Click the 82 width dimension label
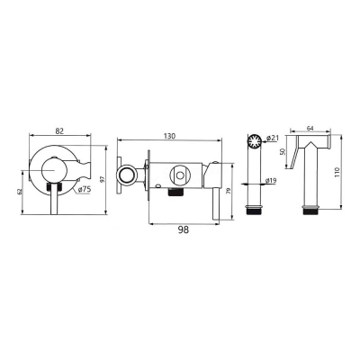click(60, 130)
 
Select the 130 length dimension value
click(169, 136)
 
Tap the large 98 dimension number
click(184, 229)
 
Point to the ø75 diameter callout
click(85, 189)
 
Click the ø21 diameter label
click(273, 138)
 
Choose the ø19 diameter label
click(271, 181)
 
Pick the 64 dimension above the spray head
click(310, 128)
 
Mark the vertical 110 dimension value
click(337, 172)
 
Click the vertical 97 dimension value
click(103, 179)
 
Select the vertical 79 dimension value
click(229, 192)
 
